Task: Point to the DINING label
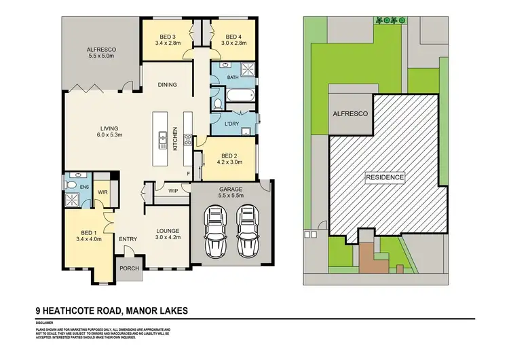[x=168, y=85]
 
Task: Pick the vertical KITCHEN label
[x=174, y=139]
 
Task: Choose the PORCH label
[x=129, y=268]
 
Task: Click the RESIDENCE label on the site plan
[x=385, y=177]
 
